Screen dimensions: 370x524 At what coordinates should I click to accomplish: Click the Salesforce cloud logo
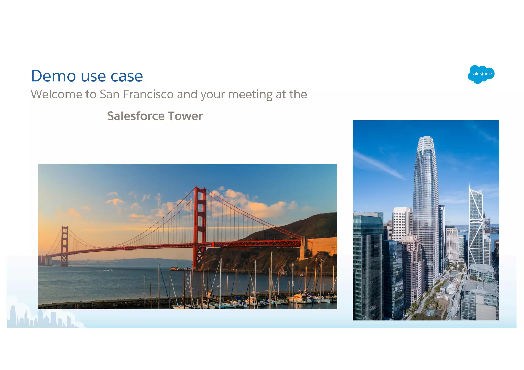tap(481, 74)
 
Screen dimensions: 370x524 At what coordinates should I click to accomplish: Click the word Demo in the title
tap(53, 76)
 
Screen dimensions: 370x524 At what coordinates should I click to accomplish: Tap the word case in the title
tap(127, 76)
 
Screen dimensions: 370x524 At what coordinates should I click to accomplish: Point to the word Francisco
tap(148, 94)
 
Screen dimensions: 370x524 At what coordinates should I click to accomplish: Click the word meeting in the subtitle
tap(250, 95)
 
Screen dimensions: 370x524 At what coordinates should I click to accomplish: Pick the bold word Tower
tap(185, 116)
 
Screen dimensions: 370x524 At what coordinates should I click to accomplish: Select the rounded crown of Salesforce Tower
tap(425, 143)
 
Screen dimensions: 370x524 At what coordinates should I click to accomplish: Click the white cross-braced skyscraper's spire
tap(469, 187)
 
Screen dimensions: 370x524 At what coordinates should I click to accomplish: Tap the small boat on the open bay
tap(110, 270)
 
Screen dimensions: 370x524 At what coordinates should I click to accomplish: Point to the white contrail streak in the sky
tap(379, 164)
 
